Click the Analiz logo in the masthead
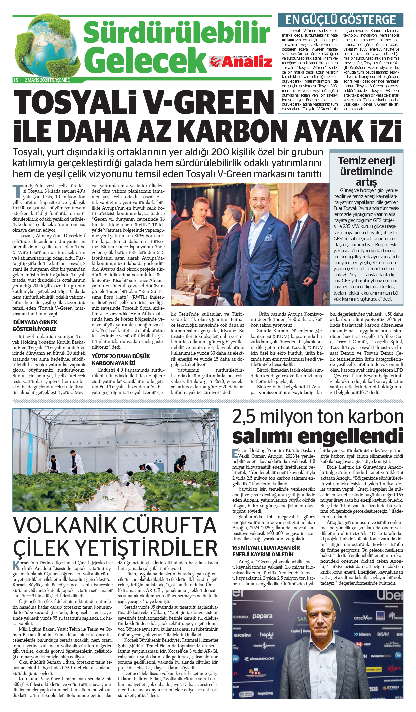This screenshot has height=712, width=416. (241, 62)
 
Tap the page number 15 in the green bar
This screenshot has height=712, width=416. (16, 80)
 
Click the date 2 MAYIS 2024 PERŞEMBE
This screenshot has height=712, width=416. (47, 80)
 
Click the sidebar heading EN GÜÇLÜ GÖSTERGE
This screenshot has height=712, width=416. (340, 20)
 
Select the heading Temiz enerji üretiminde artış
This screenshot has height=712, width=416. (366, 171)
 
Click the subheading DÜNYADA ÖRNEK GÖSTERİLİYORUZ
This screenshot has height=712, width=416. (35, 326)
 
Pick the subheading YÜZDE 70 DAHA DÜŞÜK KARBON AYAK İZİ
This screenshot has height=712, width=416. (121, 360)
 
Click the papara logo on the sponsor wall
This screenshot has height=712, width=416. (262, 616)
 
